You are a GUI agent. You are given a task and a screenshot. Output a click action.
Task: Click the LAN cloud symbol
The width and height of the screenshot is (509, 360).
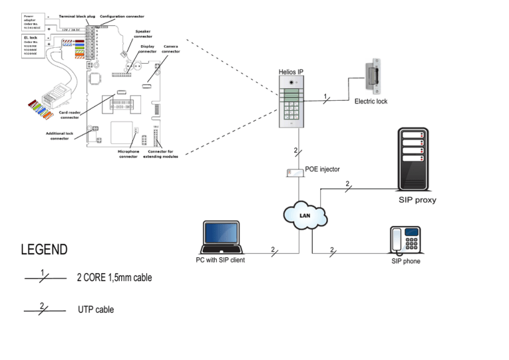pyautogui.click(x=305, y=215)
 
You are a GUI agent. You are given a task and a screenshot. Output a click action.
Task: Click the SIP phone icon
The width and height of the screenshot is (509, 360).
pyautogui.click(x=406, y=241)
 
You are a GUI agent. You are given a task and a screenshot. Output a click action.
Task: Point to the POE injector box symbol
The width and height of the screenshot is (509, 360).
pyautogui.click(x=294, y=172)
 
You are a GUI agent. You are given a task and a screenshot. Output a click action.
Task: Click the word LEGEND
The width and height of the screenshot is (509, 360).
pyautogui.click(x=44, y=250)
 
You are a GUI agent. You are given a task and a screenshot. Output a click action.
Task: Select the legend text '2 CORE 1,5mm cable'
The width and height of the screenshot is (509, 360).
pyautogui.click(x=114, y=278)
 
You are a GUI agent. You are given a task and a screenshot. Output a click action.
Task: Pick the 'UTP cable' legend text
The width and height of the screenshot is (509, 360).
pyautogui.click(x=95, y=310)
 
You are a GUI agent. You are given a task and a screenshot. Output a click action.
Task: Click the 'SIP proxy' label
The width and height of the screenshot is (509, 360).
pyautogui.click(x=417, y=200)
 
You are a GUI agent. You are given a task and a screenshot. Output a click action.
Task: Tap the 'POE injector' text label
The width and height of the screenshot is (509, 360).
pyautogui.click(x=323, y=170)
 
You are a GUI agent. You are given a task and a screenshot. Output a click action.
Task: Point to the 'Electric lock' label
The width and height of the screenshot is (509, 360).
pyautogui.click(x=370, y=101)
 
